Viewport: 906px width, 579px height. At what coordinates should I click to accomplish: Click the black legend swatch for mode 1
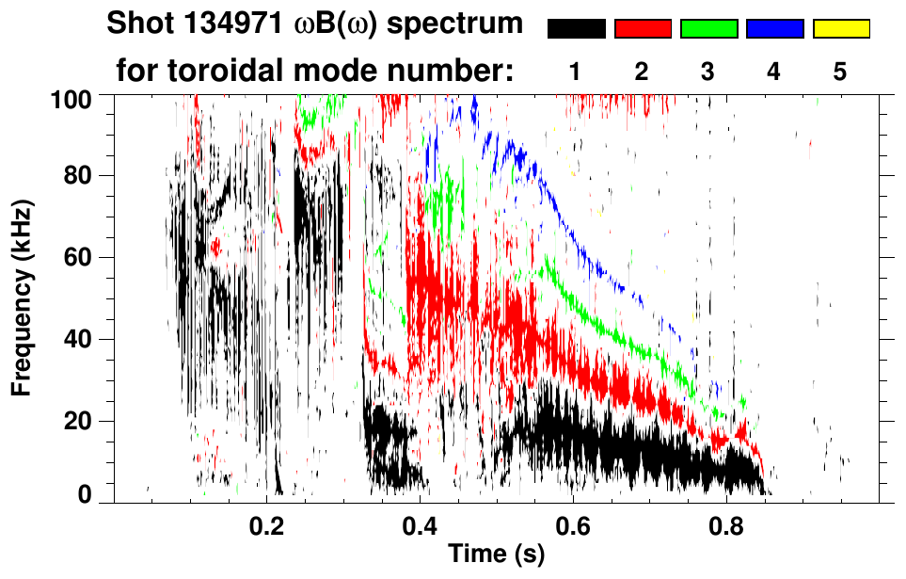coord(576,29)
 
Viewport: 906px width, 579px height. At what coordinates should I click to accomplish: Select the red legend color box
coord(642,29)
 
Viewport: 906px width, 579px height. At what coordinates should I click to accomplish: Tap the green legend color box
coord(707,29)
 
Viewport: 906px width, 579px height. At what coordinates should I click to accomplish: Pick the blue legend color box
coord(773,29)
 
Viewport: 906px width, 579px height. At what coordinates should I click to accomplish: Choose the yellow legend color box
coord(840,29)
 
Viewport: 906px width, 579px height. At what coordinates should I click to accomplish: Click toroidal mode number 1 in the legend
coord(576,72)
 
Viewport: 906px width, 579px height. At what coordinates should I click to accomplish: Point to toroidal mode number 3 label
coord(707,72)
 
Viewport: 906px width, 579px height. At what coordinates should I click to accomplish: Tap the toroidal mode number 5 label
coord(840,72)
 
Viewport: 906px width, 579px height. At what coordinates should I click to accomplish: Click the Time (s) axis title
coord(496,555)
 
